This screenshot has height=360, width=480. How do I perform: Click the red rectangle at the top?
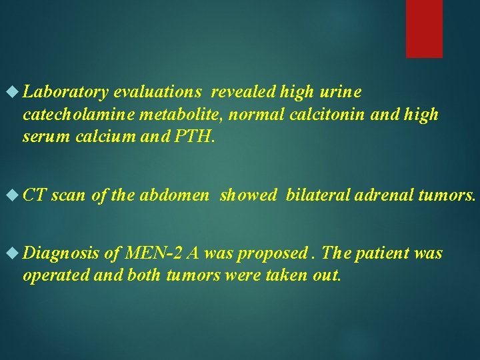click(425, 28)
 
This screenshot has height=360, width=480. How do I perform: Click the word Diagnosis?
click(61, 254)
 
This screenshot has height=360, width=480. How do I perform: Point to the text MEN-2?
click(153, 254)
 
